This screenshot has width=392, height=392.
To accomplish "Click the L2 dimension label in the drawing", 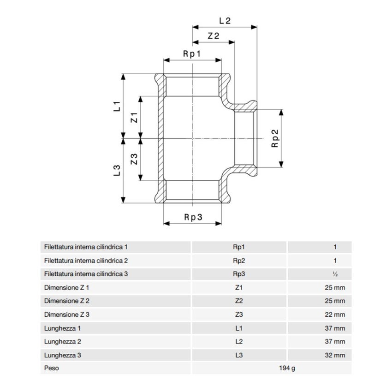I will (225, 20).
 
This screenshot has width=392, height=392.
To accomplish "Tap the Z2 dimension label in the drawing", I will (213, 36).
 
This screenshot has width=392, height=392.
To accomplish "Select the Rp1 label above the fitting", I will (192, 53).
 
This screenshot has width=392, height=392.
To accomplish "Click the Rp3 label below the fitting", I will (193, 218).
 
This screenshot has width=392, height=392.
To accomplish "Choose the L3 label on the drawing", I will (117, 170).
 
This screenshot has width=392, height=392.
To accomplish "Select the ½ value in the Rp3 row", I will (335, 274).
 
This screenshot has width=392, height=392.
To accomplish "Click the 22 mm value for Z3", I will (335, 315).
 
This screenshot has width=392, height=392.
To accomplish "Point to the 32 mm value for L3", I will (335, 356).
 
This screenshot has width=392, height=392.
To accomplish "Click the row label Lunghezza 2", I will (63, 342).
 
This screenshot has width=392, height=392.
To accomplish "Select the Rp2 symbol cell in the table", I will (239, 261).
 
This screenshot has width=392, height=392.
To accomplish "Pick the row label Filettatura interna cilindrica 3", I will (86, 274).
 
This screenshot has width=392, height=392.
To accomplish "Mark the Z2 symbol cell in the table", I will (239, 301).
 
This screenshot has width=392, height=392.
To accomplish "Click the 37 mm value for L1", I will (335, 328).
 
